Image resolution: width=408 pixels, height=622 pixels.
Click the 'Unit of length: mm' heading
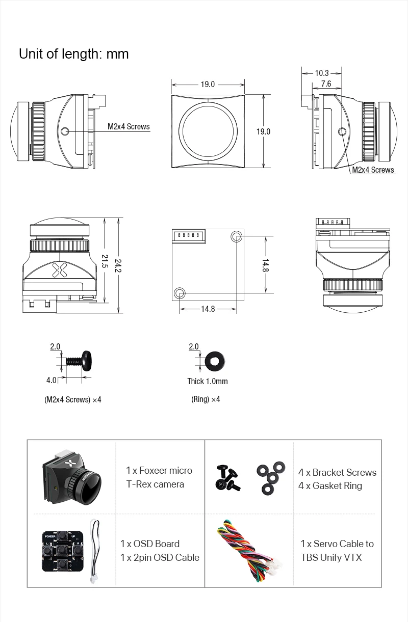click(73, 53)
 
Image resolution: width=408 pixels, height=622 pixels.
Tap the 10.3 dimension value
click(322, 73)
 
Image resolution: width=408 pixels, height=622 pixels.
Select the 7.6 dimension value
click(326, 84)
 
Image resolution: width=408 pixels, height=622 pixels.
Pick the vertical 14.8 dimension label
click(266, 265)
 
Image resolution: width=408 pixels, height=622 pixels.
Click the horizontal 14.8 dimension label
click(208, 309)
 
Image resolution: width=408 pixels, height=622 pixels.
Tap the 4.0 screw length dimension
click(52, 380)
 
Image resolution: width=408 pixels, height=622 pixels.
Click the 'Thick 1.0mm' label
click(208, 381)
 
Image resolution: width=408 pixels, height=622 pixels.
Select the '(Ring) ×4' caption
click(206, 399)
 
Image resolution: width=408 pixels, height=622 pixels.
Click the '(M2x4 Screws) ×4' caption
click(73, 399)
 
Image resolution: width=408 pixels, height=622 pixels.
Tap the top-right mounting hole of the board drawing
click(237, 236)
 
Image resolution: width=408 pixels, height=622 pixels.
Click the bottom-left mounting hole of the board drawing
click(179, 292)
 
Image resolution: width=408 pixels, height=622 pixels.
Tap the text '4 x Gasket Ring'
click(330, 485)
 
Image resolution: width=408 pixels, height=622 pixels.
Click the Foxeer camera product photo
click(72, 476)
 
